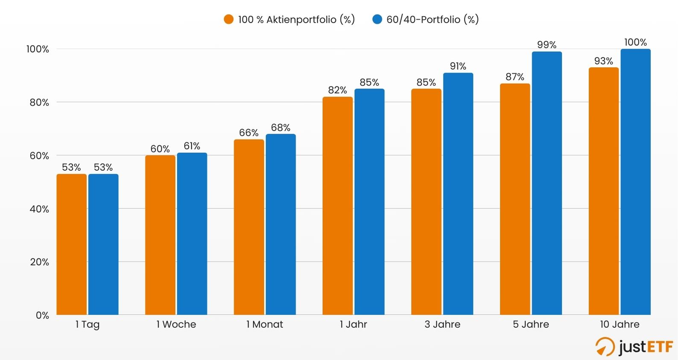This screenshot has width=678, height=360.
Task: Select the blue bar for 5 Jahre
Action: pos(546,183)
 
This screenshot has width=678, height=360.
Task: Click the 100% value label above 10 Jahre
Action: pos(635,42)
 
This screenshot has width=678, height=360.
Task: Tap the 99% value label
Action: pos(546,45)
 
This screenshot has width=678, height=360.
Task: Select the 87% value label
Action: pos(514,77)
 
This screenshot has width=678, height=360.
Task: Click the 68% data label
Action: pos(281,128)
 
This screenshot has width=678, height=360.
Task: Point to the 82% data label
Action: pos(337,90)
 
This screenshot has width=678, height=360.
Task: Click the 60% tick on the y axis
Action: pos(39,156)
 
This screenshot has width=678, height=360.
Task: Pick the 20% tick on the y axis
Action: pos(39,262)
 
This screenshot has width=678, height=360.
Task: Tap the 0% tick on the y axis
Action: pos(42,316)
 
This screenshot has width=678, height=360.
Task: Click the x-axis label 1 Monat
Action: pos(265,325)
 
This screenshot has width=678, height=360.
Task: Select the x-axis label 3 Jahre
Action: pos(442,325)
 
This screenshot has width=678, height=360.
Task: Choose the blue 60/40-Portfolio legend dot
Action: pos(377,20)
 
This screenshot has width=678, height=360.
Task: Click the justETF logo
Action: pos(634,346)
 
